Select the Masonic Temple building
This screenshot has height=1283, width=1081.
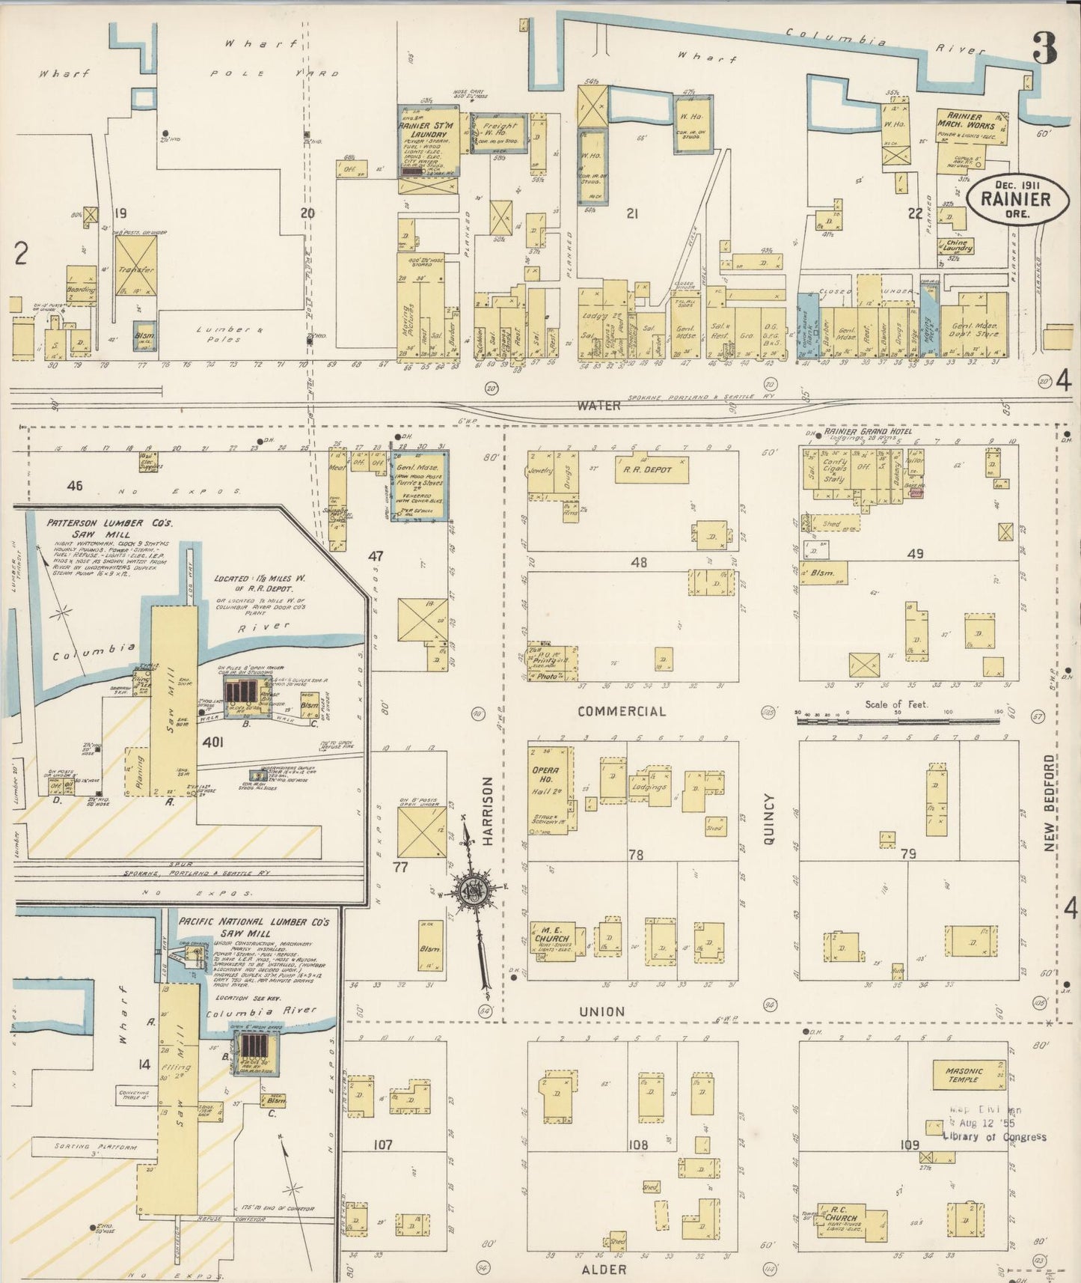coord(969,1075)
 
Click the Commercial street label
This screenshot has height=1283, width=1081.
coord(621,711)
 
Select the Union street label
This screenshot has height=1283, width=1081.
coord(602,1011)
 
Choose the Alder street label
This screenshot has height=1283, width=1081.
coord(604,1270)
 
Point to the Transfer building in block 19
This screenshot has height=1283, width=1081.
coord(135,266)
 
